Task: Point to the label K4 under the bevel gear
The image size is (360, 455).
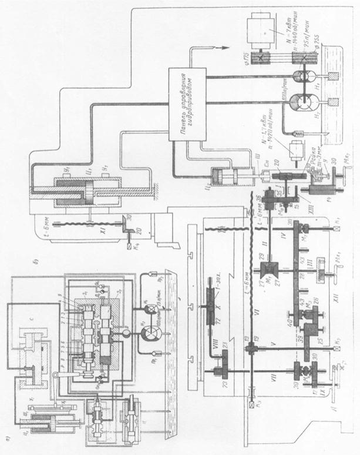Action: click(x=127, y=250)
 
